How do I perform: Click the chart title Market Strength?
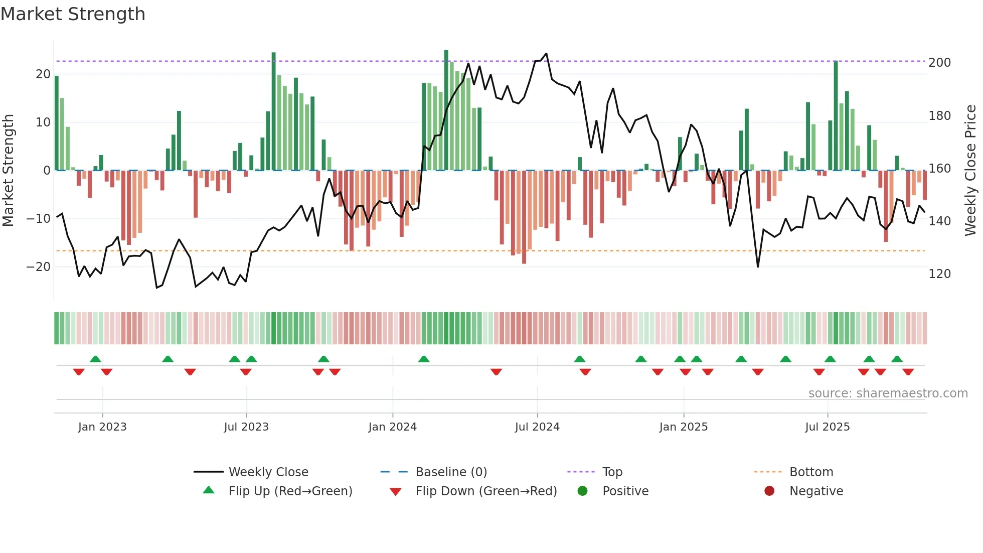[73, 14]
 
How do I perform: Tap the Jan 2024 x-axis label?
[392, 427]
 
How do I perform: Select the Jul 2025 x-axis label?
[827, 427]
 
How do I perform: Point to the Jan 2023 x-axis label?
[102, 427]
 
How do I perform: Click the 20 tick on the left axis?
[43, 74]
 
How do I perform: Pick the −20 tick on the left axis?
[39, 267]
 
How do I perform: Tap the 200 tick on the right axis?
[939, 63]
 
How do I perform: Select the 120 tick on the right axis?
[939, 274]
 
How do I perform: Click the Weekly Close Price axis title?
[970, 171]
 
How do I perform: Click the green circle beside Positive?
[582, 491]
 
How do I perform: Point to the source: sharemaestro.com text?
[888, 393]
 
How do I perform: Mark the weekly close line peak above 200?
[546, 54]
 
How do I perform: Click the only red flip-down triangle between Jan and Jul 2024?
[496, 371]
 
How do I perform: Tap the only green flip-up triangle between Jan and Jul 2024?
[424, 359]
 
